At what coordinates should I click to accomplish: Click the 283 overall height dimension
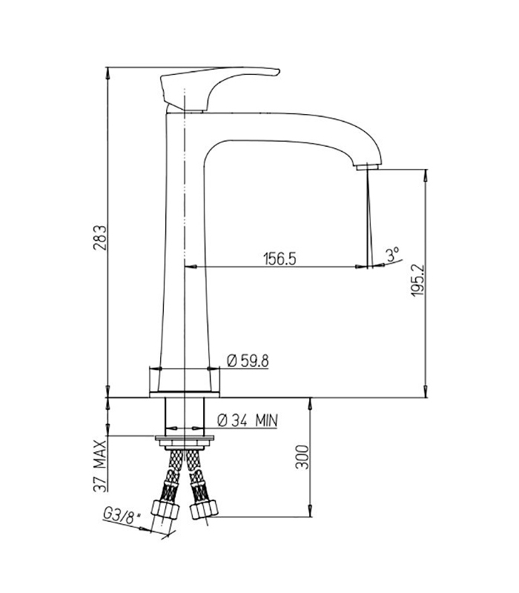pos(100,238)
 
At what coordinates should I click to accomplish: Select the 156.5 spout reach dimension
pos(280,259)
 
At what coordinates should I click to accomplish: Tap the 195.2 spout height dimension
pos(418,280)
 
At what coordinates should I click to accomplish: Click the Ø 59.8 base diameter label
pos(248,361)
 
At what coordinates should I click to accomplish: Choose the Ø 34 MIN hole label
pos(248,420)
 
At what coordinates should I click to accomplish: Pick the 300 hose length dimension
pos(302,457)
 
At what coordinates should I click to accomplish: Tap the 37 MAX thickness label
pos(100,466)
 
